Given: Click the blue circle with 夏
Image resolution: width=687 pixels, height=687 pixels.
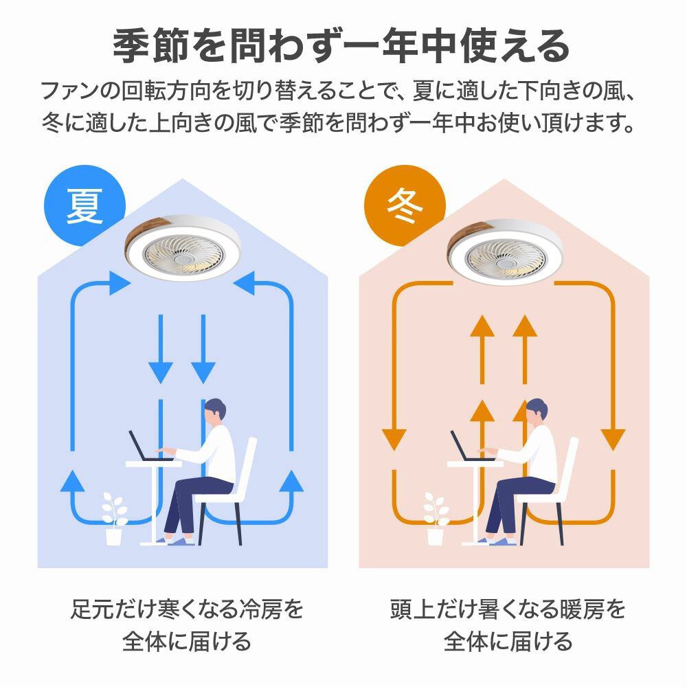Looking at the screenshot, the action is click(x=85, y=205).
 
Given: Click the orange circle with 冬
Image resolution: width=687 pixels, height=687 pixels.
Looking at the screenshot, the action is click(x=405, y=205).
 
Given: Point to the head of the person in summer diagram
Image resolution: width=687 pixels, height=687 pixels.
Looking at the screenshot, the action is click(x=215, y=412).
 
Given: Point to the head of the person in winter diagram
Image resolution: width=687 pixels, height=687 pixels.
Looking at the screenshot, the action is click(x=537, y=412).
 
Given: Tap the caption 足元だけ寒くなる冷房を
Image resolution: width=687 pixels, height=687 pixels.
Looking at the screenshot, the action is click(x=187, y=609).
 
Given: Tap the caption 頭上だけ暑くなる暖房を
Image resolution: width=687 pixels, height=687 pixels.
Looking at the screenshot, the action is click(x=508, y=609).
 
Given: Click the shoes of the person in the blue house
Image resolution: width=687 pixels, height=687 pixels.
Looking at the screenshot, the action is click(x=175, y=541).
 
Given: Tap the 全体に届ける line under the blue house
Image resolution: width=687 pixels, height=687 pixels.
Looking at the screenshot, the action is click(x=187, y=642).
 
